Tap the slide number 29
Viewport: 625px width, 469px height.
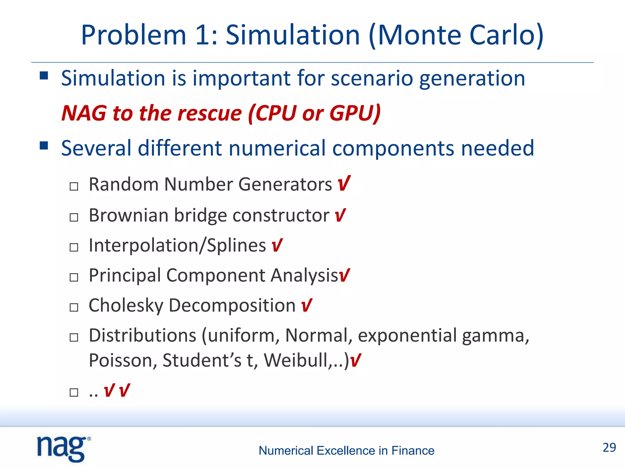[609, 447]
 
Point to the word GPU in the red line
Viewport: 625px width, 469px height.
[354, 113]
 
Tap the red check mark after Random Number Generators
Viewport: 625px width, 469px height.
[344, 184]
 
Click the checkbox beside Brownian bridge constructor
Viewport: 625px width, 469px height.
[74, 217]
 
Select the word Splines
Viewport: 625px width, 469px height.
[236, 245]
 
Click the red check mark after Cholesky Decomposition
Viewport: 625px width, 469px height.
[306, 305]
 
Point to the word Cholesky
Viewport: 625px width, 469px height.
[126, 305]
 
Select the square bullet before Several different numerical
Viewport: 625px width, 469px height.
[44, 145]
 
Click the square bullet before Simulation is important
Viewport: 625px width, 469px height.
[44, 75]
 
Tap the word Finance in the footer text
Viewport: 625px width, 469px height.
[413, 451]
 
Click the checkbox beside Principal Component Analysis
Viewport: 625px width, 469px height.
[74, 277]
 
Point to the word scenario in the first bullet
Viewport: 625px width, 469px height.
[372, 78]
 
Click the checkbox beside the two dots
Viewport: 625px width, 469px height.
[74, 392]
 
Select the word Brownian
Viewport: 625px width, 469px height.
[128, 215]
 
